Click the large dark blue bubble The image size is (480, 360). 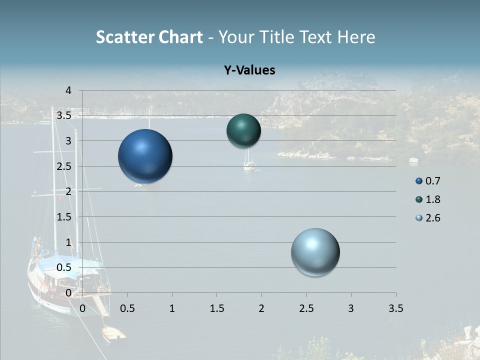tap(145, 156)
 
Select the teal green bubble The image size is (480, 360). tap(243, 130)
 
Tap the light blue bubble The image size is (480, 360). tap(315, 252)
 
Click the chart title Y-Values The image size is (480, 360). tap(249, 70)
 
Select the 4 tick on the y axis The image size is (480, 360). tap(69, 90)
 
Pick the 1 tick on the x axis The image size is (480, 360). tap(172, 308)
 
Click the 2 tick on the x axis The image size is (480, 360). tap(261, 308)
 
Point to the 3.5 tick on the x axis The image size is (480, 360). tap(395, 308)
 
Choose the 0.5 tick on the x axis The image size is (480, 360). tap(127, 308)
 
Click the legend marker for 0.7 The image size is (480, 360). tap(419, 181)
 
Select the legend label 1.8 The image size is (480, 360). tap(433, 199)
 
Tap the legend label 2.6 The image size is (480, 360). tap(433, 218)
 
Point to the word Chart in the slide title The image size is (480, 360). tap(181, 37)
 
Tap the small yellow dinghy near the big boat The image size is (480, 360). tap(113, 333)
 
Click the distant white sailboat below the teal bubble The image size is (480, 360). tap(248, 164)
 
